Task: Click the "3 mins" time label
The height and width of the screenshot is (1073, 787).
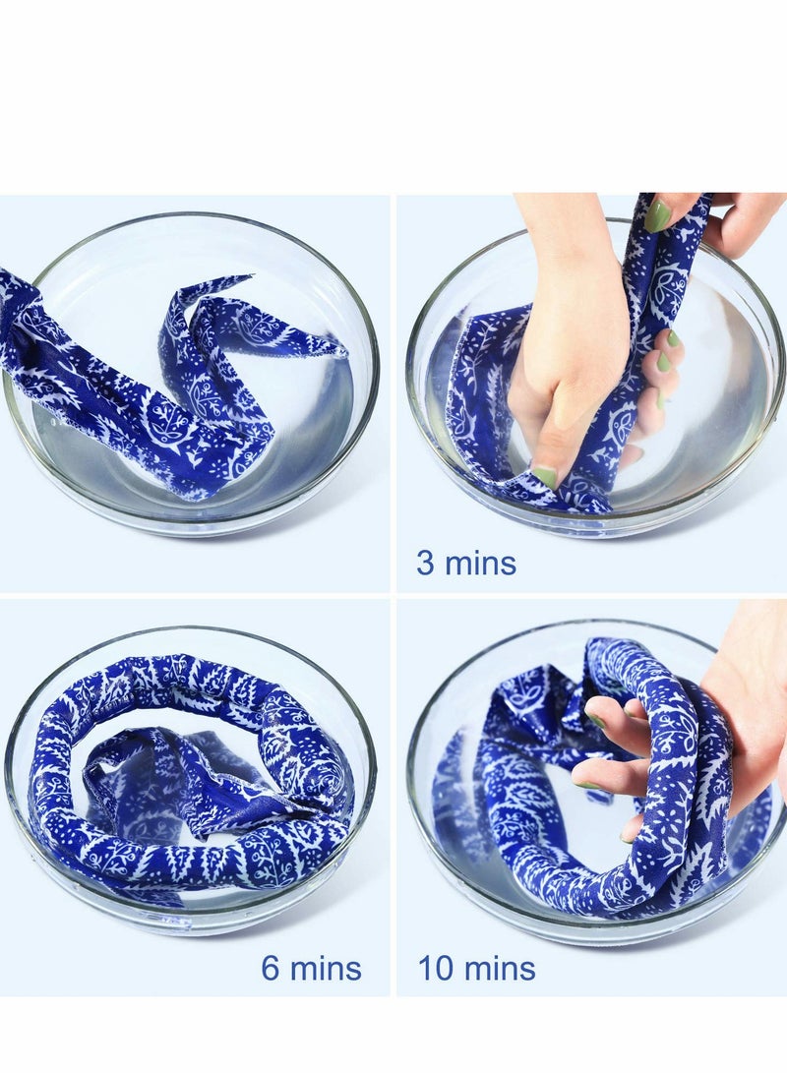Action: (466, 564)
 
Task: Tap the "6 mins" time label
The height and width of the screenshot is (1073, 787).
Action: (311, 968)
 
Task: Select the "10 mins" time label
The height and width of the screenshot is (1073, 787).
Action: (477, 968)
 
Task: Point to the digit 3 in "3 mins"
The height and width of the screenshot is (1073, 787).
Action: (425, 564)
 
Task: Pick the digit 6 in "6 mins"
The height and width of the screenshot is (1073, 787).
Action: (271, 968)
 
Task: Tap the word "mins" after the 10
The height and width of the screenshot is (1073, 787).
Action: (499, 968)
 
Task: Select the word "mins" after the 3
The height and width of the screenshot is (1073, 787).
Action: (481, 564)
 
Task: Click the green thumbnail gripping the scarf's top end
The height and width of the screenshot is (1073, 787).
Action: (657, 215)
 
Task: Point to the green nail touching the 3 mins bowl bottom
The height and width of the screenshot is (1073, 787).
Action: (544, 477)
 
